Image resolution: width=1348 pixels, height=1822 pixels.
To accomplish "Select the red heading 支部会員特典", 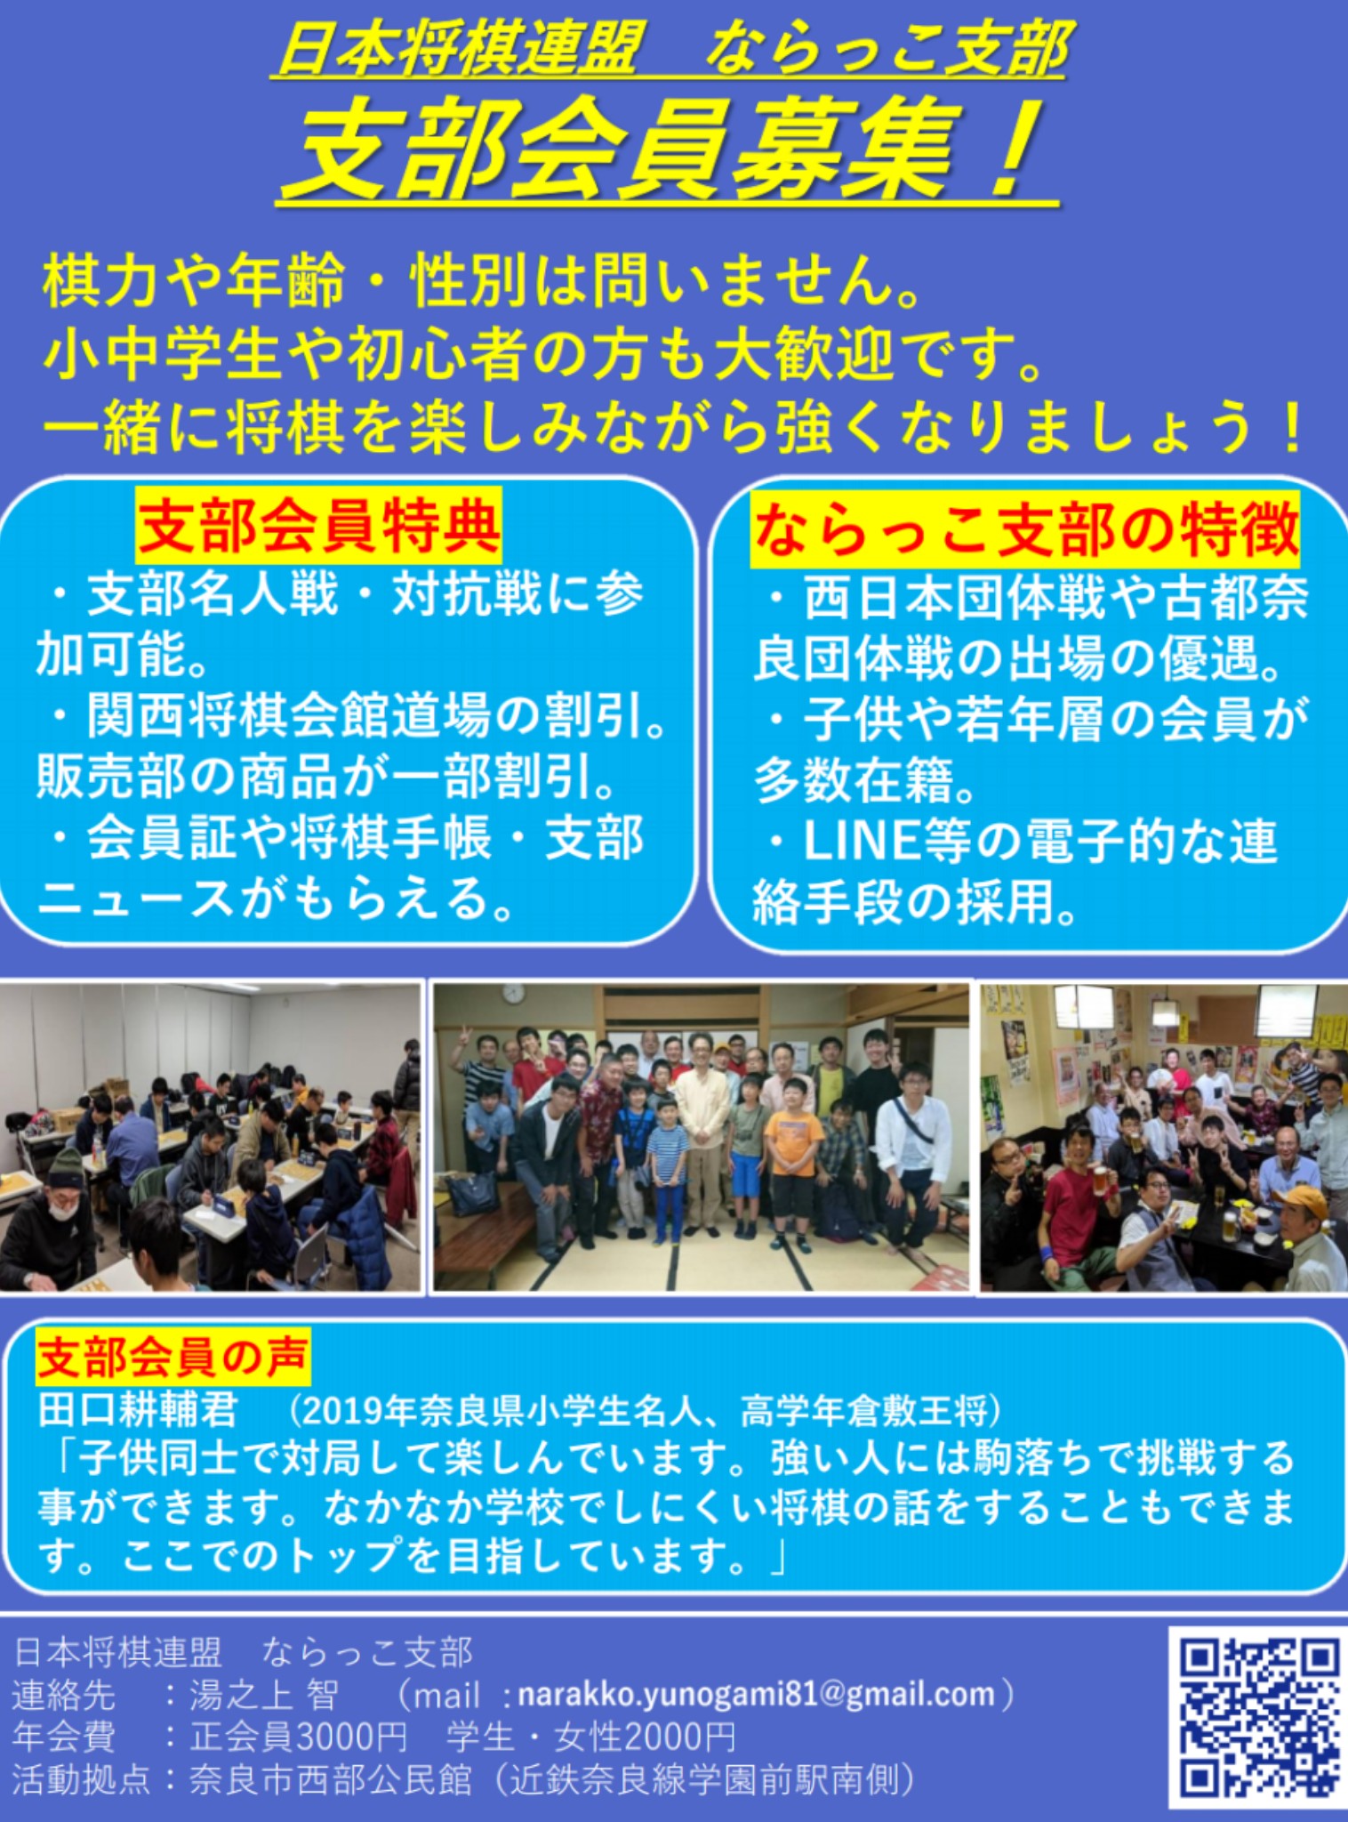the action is pyautogui.click(x=319, y=526).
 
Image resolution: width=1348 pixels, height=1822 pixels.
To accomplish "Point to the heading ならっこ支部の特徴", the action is pyautogui.click(x=1025, y=529).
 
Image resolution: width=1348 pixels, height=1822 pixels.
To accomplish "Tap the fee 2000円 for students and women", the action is pyautogui.click(x=679, y=1737).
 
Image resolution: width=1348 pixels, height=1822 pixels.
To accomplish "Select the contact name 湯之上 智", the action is pyautogui.click(x=263, y=1694).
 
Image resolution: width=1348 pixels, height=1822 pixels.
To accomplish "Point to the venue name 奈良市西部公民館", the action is pyautogui.click(x=330, y=1780).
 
